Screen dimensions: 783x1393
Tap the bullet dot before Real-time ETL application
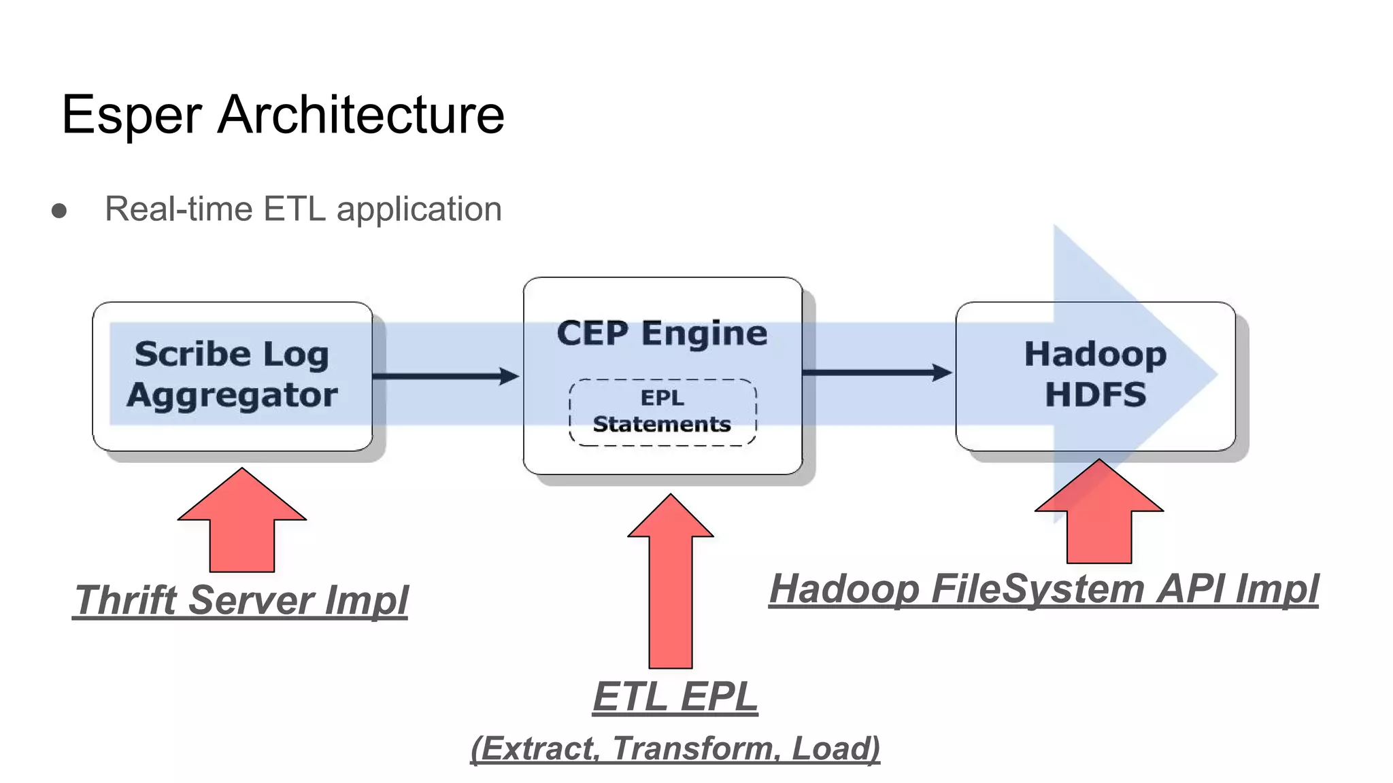pyautogui.click(x=59, y=211)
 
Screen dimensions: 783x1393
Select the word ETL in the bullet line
pyautogui.click(x=294, y=209)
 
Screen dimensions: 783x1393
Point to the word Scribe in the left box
pyautogui.click(x=192, y=354)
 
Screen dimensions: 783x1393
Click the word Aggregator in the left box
pyautogui.click(x=232, y=395)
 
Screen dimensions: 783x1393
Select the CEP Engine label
pyautogui.click(x=662, y=333)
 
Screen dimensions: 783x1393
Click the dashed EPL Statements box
pyautogui.click(x=662, y=412)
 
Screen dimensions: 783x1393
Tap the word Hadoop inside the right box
pyautogui.click(x=1095, y=354)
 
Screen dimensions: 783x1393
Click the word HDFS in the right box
pyautogui.click(x=1095, y=395)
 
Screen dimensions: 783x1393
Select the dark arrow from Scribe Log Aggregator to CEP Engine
pyautogui.click(x=446, y=376)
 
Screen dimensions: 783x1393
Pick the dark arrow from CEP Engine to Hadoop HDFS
pyautogui.click(x=877, y=372)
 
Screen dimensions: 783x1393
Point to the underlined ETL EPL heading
pyautogui.click(x=675, y=697)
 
